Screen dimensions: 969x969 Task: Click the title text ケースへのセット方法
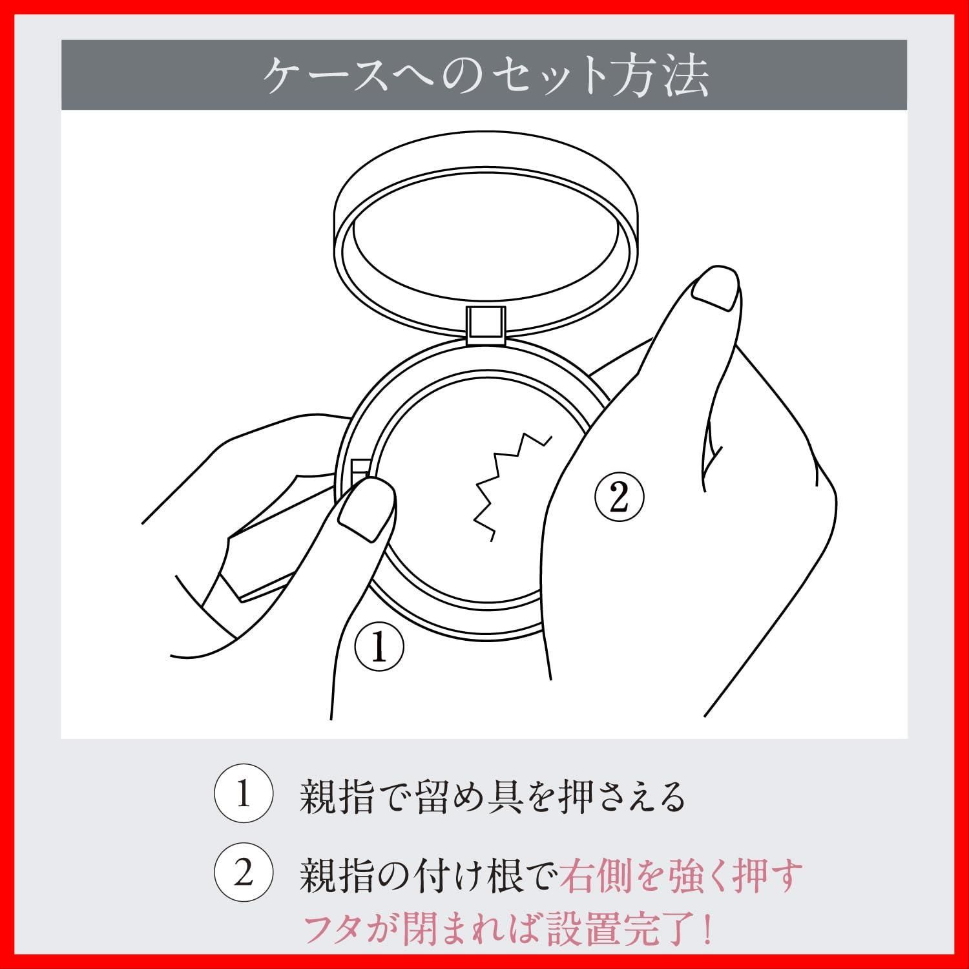tap(485, 76)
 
